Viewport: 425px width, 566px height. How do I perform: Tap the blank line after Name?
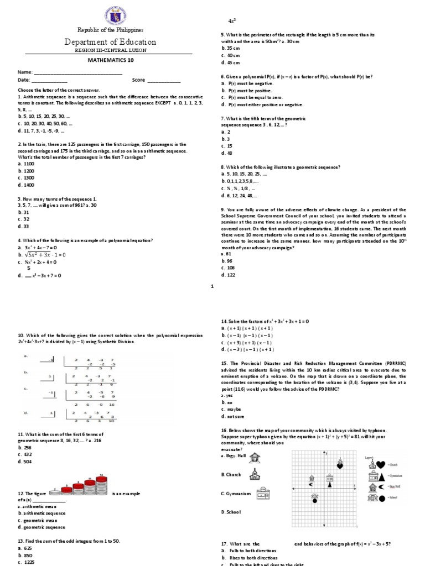[77, 72]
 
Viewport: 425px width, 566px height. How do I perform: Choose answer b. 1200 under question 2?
[26, 171]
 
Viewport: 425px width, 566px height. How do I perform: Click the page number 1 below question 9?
[212, 286]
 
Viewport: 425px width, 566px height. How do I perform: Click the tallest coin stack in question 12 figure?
[101, 485]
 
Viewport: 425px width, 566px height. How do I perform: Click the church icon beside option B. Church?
[255, 474]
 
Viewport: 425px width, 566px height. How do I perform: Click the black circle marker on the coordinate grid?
[315, 501]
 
